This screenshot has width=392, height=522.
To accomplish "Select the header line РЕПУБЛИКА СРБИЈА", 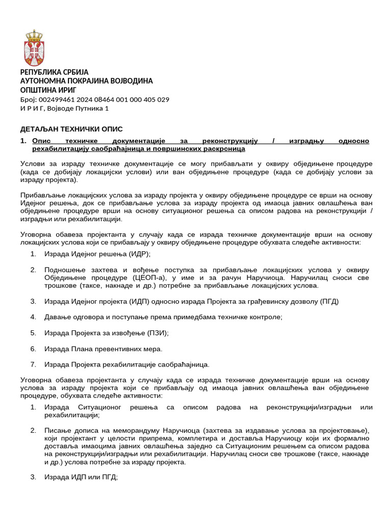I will click(x=54, y=72).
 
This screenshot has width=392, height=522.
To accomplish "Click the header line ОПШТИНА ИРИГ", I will click(x=52, y=90).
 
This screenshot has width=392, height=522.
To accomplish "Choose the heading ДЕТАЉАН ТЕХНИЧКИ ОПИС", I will click(x=71, y=129).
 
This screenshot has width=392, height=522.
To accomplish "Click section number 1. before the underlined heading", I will click(x=23, y=141).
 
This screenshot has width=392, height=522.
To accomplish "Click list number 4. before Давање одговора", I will click(x=33, y=317).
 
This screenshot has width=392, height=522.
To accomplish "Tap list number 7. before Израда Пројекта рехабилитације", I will click(x=33, y=364).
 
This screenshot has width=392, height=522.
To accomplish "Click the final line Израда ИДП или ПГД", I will click(x=81, y=477).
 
